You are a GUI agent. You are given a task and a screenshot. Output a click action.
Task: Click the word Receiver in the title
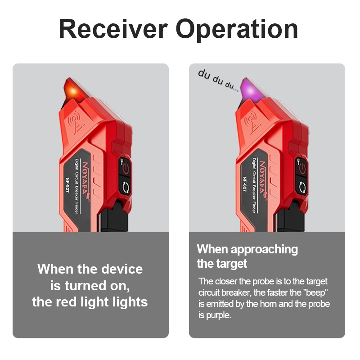113,29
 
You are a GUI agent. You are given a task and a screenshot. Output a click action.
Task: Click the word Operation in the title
237,30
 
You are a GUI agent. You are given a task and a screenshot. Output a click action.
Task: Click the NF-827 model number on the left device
67,184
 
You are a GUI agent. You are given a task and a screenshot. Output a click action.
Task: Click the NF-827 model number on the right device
245,184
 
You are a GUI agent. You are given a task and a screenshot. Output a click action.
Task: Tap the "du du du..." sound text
218,80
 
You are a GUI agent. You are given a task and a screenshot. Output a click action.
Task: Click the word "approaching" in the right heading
264,250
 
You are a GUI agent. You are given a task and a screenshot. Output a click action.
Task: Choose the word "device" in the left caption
122,269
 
